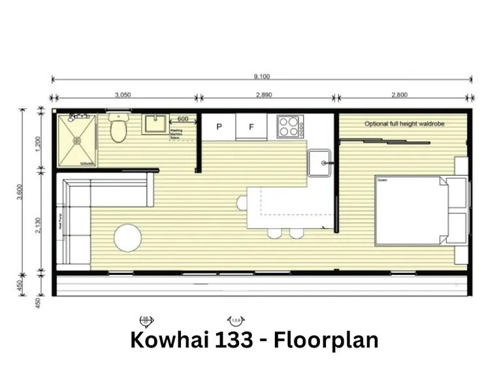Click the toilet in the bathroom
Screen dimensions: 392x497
tap(118, 129)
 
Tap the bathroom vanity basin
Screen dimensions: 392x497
tap(155, 123)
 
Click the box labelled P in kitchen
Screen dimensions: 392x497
tap(219, 126)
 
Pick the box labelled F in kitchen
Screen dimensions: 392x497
tap(251, 126)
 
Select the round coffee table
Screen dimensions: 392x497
tap(127, 238)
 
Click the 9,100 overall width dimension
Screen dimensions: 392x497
tap(261, 76)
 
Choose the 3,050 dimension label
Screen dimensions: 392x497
tap(123, 95)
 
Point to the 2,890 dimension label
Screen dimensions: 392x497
tap(264, 95)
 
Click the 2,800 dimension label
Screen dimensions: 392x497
tap(400, 95)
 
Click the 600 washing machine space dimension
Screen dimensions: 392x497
tap(183, 119)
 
